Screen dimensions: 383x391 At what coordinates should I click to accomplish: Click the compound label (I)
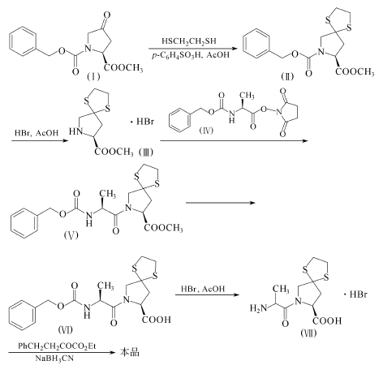coord(93,77)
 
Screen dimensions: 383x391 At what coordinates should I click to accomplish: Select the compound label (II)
coord(287,77)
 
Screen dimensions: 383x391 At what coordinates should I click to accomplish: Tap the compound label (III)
coord(146,153)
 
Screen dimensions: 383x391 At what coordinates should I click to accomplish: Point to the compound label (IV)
coord(206,131)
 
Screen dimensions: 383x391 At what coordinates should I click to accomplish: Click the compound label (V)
coord(71,234)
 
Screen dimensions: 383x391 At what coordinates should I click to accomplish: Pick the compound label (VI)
coord(66,329)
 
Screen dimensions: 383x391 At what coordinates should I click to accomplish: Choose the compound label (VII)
coord(308,333)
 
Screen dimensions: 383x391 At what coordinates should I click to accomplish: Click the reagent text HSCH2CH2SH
coord(189,41)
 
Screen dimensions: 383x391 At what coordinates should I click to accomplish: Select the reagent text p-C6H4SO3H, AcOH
coord(191,55)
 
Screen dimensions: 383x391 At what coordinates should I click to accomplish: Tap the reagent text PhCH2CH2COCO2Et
coord(57,346)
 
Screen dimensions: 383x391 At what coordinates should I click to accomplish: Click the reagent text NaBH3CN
coord(54,359)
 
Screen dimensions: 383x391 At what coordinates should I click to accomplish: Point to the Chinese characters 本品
coord(129,352)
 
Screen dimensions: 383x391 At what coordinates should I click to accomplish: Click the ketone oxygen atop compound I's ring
coord(107,15)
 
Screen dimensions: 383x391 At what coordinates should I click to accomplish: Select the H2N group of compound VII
coord(258,308)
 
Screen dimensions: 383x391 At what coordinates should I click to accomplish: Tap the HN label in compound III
coord(75,131)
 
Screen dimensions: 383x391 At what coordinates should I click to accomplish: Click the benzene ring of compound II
coord(256,43)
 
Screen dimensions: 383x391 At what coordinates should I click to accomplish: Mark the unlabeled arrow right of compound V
coord(221,203)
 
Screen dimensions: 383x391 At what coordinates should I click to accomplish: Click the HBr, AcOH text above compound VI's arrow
coord(203,289)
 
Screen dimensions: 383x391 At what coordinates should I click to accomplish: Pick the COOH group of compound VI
coord(157,320)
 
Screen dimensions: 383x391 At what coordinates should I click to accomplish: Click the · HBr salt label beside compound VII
coord(355,294)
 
